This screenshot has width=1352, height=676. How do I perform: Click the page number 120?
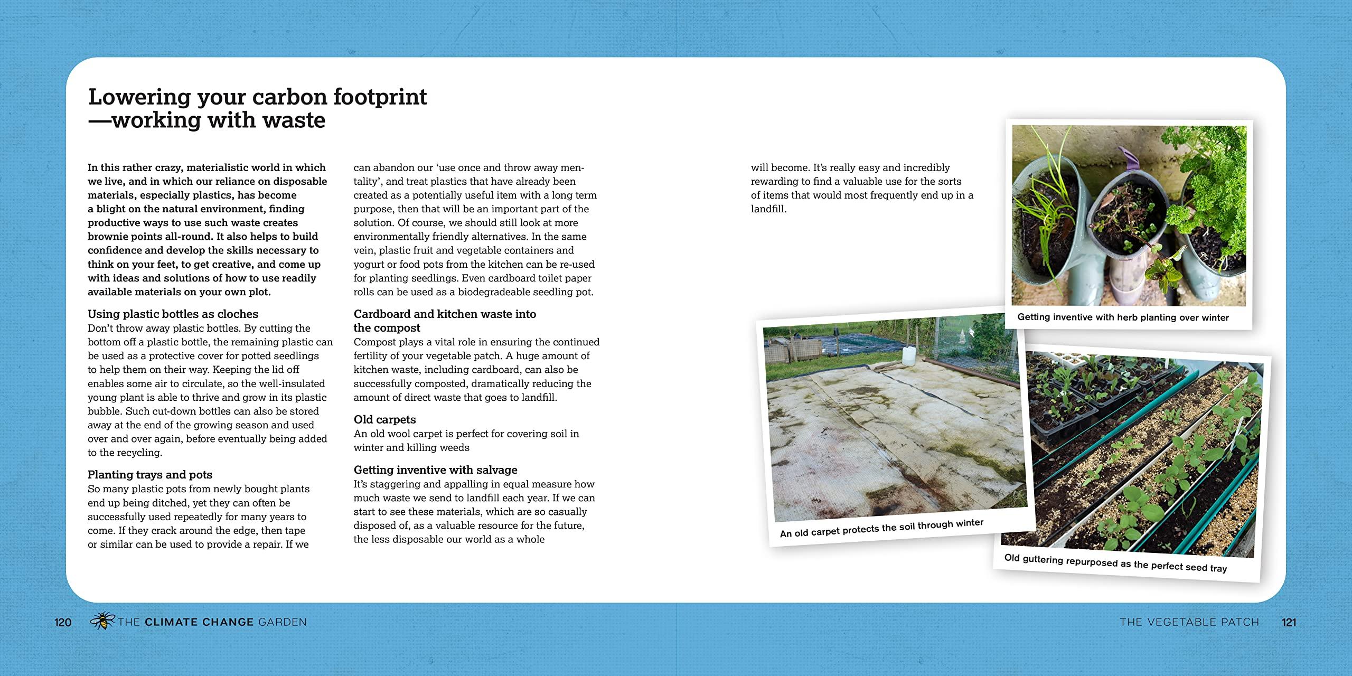63,623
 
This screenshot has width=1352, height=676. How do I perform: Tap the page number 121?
1289,623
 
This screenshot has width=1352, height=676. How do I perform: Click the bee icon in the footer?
102,621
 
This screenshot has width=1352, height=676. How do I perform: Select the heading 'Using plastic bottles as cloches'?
173,314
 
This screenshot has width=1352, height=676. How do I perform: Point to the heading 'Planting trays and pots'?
150,475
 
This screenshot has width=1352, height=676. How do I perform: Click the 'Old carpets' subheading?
384,420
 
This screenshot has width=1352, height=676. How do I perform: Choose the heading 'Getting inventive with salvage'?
435,470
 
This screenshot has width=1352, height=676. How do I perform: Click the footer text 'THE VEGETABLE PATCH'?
1189,623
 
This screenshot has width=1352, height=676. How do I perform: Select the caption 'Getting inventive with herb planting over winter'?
1123,317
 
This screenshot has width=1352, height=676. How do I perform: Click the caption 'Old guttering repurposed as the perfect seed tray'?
1115,563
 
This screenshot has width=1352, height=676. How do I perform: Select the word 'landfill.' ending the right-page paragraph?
768,209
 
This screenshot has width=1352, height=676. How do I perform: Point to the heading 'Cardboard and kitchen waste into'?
445,314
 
